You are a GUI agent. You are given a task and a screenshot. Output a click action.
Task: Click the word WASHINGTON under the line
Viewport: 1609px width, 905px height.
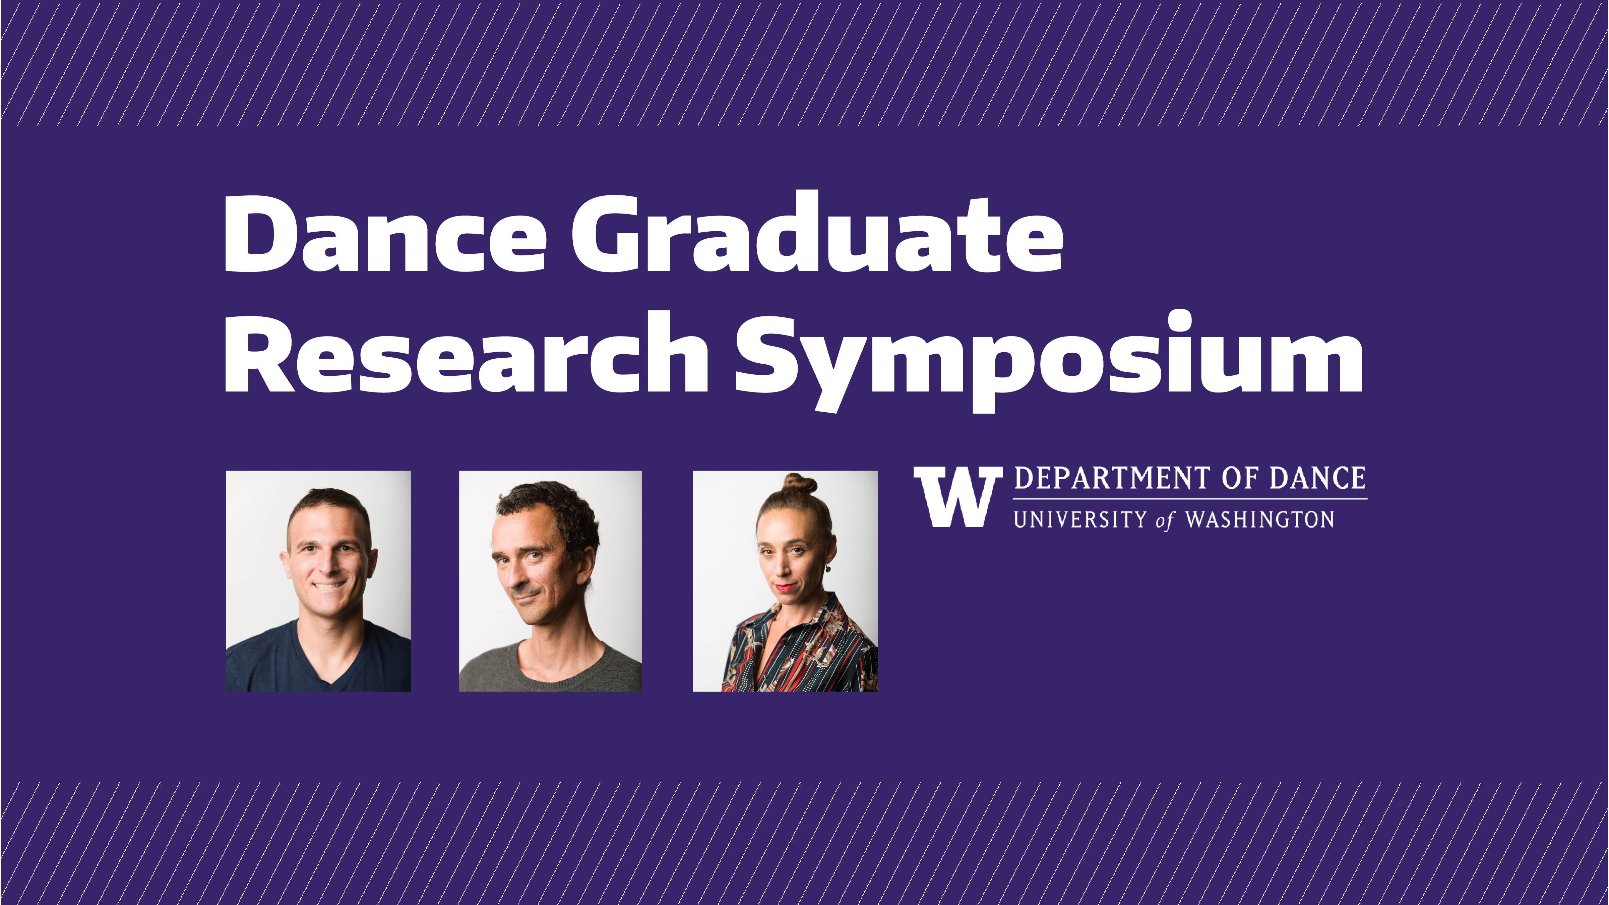point(1259,520)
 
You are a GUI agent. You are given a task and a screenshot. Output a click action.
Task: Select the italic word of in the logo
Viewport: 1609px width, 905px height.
point(1165,521)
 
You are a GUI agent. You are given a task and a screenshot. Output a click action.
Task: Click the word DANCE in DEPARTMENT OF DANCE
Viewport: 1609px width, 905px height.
point(1317,478)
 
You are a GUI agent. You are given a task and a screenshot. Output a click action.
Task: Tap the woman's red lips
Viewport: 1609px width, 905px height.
point(785,587)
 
